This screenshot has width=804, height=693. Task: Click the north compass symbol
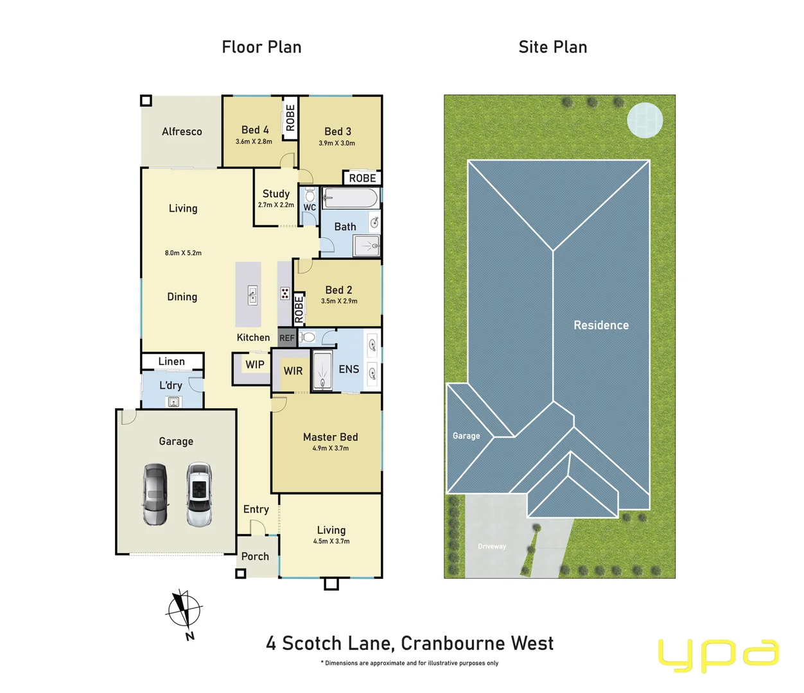click(184, 610)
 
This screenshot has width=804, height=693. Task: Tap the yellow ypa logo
click(718, 654)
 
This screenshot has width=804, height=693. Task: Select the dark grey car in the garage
click(155, 494)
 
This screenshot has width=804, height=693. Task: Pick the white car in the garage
click(199, 494)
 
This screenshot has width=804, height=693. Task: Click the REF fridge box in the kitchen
click(287, 338)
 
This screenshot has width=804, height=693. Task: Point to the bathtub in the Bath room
click(350, 198)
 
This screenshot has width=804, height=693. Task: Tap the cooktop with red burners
click(284, 294)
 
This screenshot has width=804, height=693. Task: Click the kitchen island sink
click(252, 295)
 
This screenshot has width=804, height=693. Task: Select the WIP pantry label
click(255, 364)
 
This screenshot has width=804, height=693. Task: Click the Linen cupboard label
click(171, 362)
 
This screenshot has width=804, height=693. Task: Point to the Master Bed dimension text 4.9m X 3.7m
click(331, 449)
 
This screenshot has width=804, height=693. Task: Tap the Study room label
click(276, 194)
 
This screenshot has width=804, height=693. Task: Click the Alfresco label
click(182, 132)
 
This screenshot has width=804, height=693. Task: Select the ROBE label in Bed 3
click(362, 178)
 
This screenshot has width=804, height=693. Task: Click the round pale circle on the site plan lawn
click(645, 120)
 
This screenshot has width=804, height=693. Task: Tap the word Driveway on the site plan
click(492, 547)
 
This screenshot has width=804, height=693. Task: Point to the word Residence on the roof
click(601, 325)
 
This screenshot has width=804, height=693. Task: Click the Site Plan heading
click(552, 47)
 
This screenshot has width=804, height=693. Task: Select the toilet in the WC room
click(310, 195)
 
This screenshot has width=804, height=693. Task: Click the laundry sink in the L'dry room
click(173, 402)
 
